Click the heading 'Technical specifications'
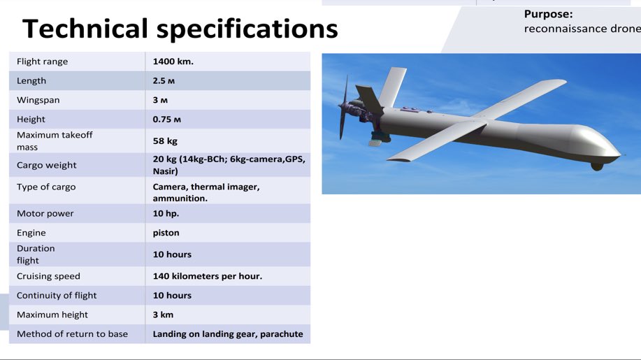pyautogui.click(x=180, y=29)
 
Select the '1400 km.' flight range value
pyautogui.click(x=173, y=62)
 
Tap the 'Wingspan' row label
pyautogui.click(x=38, y=100)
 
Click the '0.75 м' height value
pyautogui.click(x=167, y=120)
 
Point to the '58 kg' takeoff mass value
pyautogui.click(x=165, y=141)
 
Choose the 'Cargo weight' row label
pyautogui.click(x=47, y=165)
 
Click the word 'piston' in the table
pyautogui.click(x=166, y=233)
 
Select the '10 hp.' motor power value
pyautogui.click(x=166, y=214)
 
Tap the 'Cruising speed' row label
pyautogui.click(x=48, y=276)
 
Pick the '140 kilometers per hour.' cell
pyautogui.click(x=208, y=276)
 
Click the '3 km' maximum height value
pyautogui.click(x=163, y=315)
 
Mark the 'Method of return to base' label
pyautogui.click(x=72, y=334)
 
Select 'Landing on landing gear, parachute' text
pyautogui.click(x=228, y=334)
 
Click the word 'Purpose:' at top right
pyautogui.click(x=548, y=14)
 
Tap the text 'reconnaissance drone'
pyautogui.click(x=582, y=29)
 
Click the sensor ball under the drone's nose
pyautogui.click(x=596, y=166)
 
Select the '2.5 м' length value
pyautogui.click(x=165, y=81)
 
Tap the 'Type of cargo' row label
pyautogui.click(x=46, y=187)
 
